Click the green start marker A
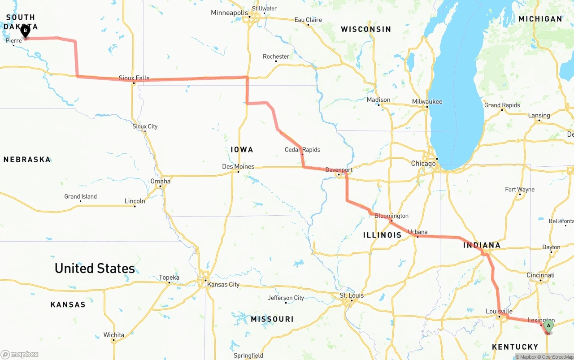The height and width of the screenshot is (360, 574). coord(548,326)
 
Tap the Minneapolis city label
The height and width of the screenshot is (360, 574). coord(229,13)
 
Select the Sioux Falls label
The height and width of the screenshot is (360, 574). coord(134,78)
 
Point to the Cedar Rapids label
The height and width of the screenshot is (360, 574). coord(303,150)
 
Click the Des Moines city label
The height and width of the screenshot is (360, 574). coord(238,167)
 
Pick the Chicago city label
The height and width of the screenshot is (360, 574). coord(423,164)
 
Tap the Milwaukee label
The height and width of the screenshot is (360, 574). coord(427,102)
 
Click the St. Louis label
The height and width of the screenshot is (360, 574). coord(352,296)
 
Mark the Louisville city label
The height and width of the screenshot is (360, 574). coord(499,312)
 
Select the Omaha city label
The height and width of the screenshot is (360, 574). coord(161,182)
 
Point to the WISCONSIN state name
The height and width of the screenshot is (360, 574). coord(366,30)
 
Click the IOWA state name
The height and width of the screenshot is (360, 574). coord(242,150)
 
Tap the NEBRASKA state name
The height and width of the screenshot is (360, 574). coord(27,160)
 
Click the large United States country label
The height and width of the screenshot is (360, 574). coord(95,269)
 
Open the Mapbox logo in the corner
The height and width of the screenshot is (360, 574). coord(20,355)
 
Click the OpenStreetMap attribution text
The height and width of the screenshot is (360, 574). coord(556,357)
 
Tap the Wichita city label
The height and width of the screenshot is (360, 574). coord(113,335)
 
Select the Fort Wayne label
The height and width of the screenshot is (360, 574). coord(520,190)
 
